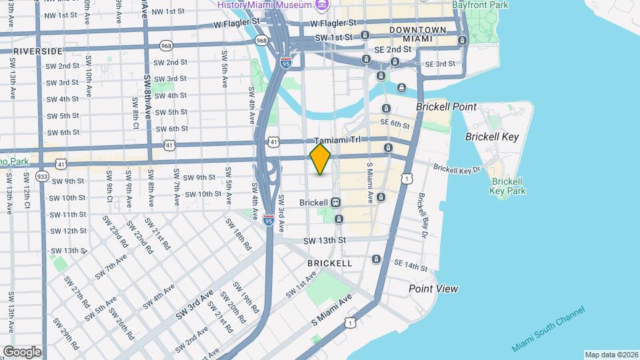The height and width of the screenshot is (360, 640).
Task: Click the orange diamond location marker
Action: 320,159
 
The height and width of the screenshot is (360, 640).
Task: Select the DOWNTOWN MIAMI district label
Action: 417,35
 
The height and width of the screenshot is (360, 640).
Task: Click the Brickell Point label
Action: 446,107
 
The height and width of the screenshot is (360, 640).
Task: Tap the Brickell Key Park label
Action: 508,186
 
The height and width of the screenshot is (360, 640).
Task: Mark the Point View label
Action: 433,289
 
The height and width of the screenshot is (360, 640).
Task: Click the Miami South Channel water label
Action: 548,329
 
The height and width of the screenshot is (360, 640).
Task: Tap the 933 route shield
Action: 42,176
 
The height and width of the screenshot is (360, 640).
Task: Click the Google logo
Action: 21,351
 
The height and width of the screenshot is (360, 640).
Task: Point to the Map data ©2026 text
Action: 611,355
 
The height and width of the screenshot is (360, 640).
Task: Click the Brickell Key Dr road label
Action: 457,169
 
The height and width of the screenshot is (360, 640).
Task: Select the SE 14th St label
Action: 409,265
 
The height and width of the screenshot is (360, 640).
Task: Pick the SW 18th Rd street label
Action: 243,236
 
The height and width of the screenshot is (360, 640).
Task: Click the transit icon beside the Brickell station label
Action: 335,202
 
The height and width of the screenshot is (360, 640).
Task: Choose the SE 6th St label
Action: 395,123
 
